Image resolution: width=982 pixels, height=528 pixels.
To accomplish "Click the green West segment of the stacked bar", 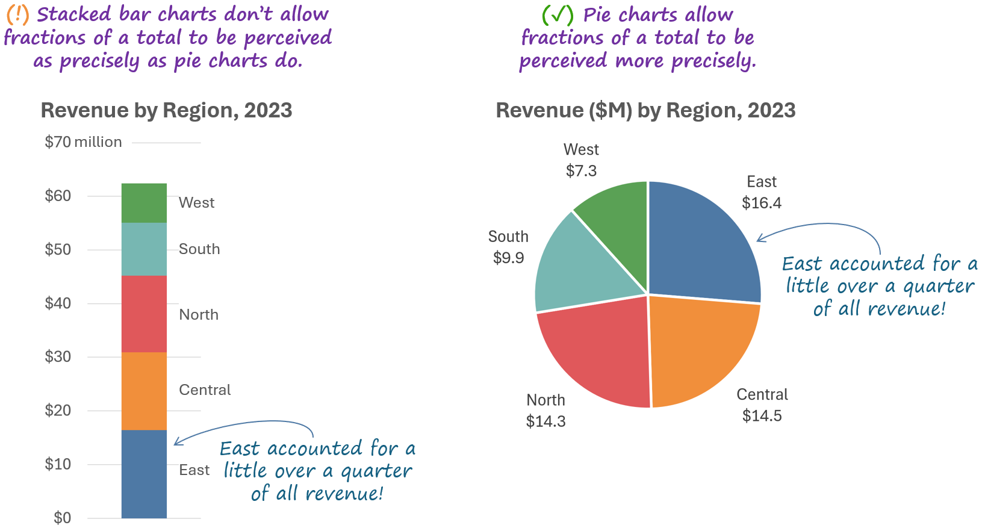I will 144,203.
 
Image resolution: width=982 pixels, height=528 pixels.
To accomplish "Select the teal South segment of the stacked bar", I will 144,249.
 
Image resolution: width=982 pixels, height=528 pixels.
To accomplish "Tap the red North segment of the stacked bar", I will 144,314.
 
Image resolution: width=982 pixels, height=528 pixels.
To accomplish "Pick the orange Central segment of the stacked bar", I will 144,391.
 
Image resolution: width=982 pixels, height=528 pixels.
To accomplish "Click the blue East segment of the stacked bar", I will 144,474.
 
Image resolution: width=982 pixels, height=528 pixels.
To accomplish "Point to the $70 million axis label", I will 83,142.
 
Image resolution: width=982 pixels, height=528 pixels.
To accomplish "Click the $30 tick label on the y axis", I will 58,356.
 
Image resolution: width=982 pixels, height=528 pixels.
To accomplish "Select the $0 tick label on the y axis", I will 62,518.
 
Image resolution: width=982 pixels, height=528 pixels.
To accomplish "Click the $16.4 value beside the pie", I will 762,203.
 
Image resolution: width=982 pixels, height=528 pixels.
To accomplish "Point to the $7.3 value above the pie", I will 581,171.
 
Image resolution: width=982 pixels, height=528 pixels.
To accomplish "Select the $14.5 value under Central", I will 762,416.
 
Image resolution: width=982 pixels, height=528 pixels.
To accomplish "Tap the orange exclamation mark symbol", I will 17,14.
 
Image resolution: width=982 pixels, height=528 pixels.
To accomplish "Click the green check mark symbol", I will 557,14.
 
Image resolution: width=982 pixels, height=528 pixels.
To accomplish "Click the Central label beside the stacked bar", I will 205,390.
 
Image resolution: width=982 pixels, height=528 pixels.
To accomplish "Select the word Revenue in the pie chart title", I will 539,111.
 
